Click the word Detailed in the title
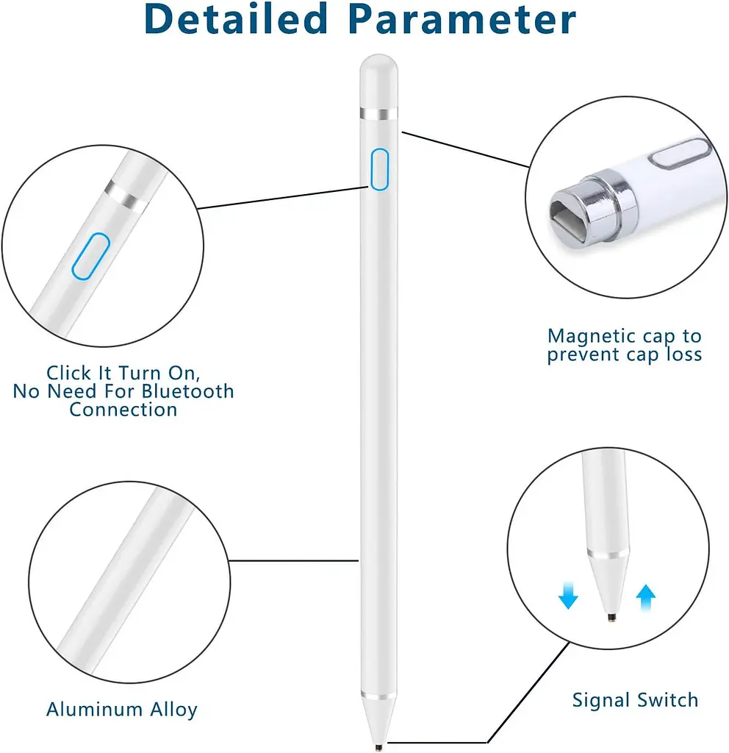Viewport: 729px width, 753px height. (236, 18)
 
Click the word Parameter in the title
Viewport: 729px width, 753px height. (462, 18)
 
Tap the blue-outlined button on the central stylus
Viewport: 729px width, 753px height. (379, 169)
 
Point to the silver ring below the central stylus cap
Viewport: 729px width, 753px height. (378, 114)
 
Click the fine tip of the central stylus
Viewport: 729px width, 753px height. (378, 747)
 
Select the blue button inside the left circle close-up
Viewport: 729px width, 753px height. (90, 256)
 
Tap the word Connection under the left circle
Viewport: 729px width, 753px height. (123, 410)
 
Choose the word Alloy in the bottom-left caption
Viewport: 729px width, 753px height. (173, 710)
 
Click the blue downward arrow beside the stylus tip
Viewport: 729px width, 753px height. (568, 596)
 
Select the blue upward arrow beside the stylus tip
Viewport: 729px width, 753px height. (645, 597)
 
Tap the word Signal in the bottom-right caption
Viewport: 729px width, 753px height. (601, 701)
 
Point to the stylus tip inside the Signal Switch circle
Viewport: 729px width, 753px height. (611, 618)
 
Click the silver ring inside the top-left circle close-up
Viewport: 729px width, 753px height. (126, 196)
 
